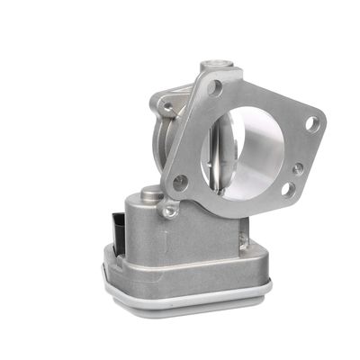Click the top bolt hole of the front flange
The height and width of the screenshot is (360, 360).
215,87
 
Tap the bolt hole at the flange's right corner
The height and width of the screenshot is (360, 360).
312,124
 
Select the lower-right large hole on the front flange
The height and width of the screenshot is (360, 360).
287,189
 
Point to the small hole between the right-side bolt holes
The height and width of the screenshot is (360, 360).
297,167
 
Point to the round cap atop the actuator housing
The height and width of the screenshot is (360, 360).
151,192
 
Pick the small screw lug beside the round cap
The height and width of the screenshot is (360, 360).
167,211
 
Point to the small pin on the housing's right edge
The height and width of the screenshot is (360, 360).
244,239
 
